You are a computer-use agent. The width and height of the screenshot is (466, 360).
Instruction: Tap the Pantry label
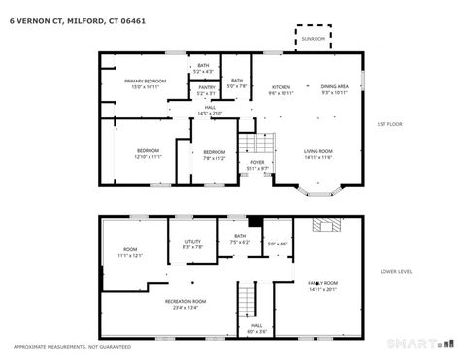(206, 87)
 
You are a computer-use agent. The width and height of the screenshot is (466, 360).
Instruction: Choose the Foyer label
(257, 162)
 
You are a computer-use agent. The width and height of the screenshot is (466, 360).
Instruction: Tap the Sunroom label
(314, 38)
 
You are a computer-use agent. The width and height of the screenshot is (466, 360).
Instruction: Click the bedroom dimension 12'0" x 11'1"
(148, 157)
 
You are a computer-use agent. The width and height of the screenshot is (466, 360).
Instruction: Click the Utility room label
(192, 242)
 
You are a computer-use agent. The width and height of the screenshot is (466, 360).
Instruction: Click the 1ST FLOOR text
(390, 124)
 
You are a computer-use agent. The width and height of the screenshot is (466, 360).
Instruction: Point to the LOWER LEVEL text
(396, 271)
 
